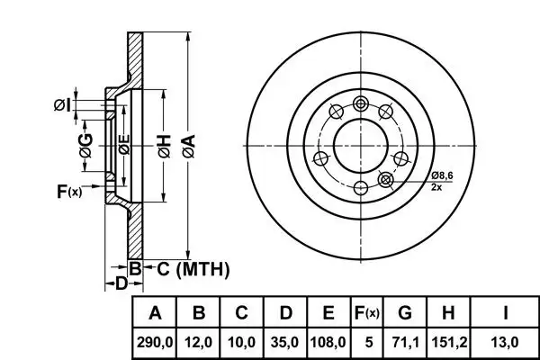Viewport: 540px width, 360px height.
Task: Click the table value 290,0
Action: (154, 343)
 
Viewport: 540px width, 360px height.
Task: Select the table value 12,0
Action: (198, 343)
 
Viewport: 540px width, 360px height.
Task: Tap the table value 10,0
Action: (242, 343)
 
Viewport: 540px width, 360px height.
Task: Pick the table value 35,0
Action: (284, 343)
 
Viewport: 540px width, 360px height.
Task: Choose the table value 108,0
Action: (328, 343)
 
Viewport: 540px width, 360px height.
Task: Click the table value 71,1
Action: (405, 343)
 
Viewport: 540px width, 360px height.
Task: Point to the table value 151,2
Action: (449, 343)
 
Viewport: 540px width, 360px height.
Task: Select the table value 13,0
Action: (505, 343)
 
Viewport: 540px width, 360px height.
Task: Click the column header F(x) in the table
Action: (367, 313)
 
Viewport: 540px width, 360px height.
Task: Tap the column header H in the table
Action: (448, 313)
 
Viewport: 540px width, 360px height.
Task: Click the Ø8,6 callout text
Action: (442, 175)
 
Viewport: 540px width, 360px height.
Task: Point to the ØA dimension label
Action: (189, 147)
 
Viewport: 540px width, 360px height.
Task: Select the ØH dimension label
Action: (165, 147)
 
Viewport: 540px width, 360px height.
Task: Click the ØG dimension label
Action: (86, 146)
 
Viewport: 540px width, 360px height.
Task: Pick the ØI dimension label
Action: (62, 104)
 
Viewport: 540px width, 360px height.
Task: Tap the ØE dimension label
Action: (124, 144)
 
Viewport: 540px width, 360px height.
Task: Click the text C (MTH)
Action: (193, 269)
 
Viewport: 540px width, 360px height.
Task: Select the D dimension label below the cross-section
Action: (121, 283)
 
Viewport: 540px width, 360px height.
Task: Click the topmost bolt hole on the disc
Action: (361, 103)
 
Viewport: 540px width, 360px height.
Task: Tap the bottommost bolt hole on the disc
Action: (361, 188)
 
